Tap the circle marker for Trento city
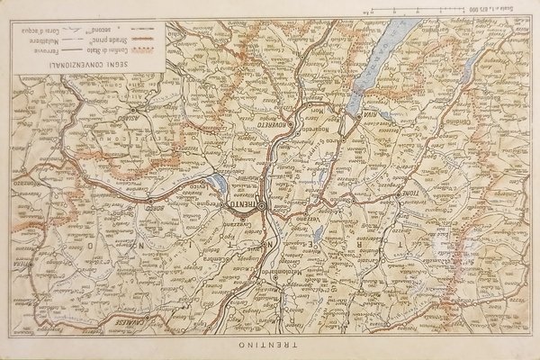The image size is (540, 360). [261, 205]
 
